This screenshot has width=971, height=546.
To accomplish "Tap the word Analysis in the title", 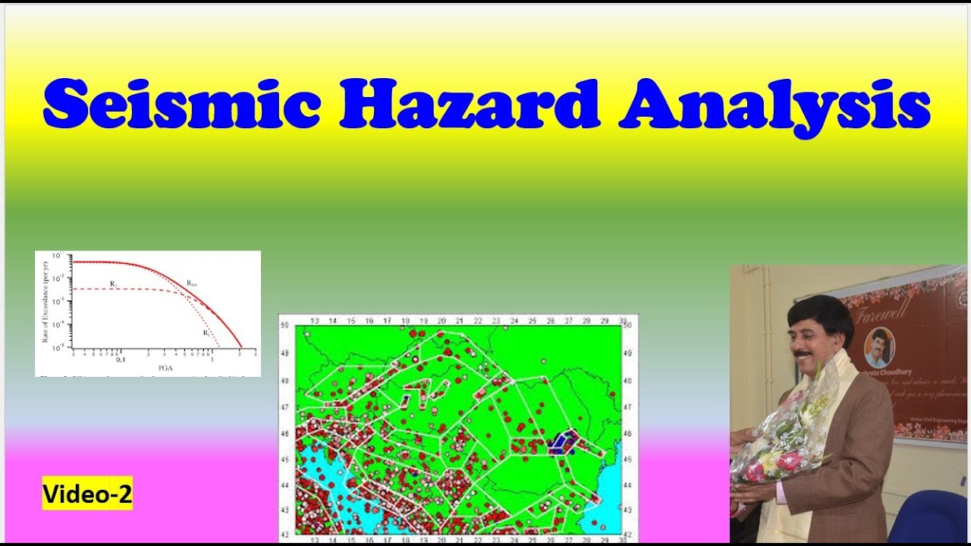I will coord(774,106).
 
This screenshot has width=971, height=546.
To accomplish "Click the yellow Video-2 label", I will coord(87,495).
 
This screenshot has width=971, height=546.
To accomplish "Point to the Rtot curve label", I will coord(192,283).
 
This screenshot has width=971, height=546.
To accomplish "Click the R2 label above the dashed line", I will coord(112,284).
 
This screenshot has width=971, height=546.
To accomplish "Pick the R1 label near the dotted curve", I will coord(206,333).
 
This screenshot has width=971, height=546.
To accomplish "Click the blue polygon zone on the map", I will coord(563,442).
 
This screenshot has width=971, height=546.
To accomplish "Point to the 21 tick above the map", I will coord(458,320).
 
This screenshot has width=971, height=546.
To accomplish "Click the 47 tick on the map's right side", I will coord(627,407).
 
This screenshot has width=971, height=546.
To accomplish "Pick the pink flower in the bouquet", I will coord(789,461).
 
